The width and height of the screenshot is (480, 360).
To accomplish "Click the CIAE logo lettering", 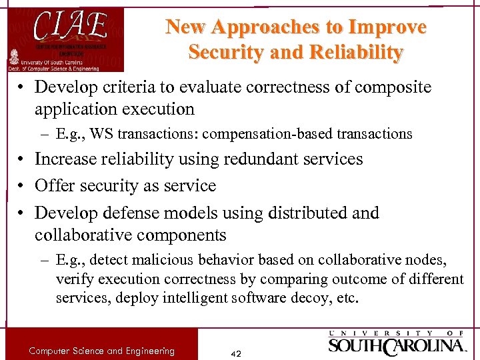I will click(70, 25).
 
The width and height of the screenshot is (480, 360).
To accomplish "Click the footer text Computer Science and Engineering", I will click(102, 351).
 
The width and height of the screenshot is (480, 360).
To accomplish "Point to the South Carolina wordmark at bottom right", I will click(397, 345).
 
